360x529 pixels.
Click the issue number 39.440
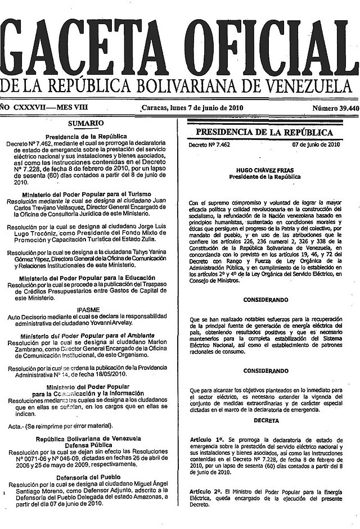tap(344, 108)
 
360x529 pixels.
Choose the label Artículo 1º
tap(206, 437)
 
